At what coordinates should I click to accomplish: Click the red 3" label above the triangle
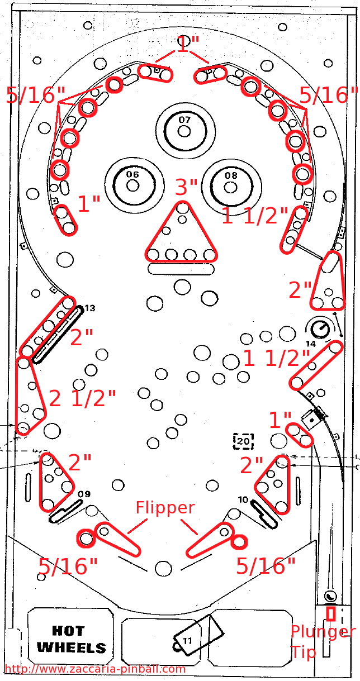pyautogui.click(x=186, y=187)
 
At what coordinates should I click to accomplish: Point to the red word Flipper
pyautogui.click(x=165, y=508)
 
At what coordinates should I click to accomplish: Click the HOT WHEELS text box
pyautogui.click(x=71, y=640)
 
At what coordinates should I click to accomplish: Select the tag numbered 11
pyautogui.click(x=187, y=640)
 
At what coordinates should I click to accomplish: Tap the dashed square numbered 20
pyautogui.click(x=243, y=441)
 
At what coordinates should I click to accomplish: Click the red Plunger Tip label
pyautogui.click(x=321, y=641)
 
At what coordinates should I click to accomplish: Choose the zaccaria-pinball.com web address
pyautogui.click(x=95, y=669)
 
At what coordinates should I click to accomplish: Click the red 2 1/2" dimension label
pyautogui.click(x=83, y=398)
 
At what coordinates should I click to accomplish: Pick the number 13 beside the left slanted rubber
pyautogui.click(x=89, y=308)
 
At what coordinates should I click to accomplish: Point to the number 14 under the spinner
pyautogui.click(x=311, y=344)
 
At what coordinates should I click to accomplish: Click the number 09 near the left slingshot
pyautogui.click(x=84, y=494)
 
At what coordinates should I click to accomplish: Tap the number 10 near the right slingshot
pyautogui.click(x=243, y=499)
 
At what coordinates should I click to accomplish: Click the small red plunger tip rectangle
pyautogui.click(x=331, y=613)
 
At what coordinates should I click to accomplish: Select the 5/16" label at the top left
pyautogui.click(x=36, y=95)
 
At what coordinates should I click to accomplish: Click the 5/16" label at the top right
pyautogui.click(x=329, y=95)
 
